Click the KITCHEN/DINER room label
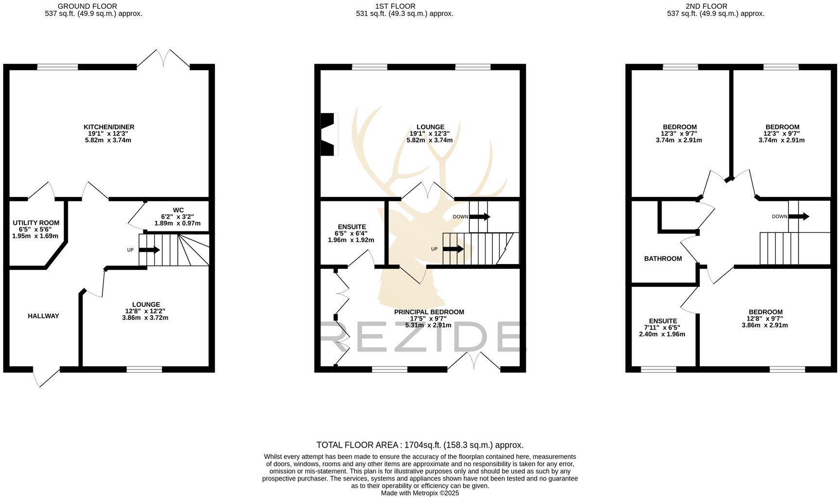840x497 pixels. (x=108, y=127)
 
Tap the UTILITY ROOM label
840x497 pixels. (x=35, y=223)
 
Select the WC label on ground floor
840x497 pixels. (x=178, y=210)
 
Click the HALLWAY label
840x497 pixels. (x=43, y=316)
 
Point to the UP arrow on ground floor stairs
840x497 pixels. (x=149, y=250)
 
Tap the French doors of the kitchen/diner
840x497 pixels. (x=163, y=59)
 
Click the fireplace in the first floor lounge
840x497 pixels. (x=329, y=135)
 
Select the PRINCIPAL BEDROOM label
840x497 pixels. (x=429, y=312)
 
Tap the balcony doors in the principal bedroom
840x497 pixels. (x=474, y=361)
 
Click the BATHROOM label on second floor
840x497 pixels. (x=663, y=259)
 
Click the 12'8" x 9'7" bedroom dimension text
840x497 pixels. (x=765, y=319)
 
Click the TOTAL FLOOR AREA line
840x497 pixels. (x=420, y=445)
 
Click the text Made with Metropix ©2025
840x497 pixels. (x=420, y=493)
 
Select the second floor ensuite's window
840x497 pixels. (x=658, y=369)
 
